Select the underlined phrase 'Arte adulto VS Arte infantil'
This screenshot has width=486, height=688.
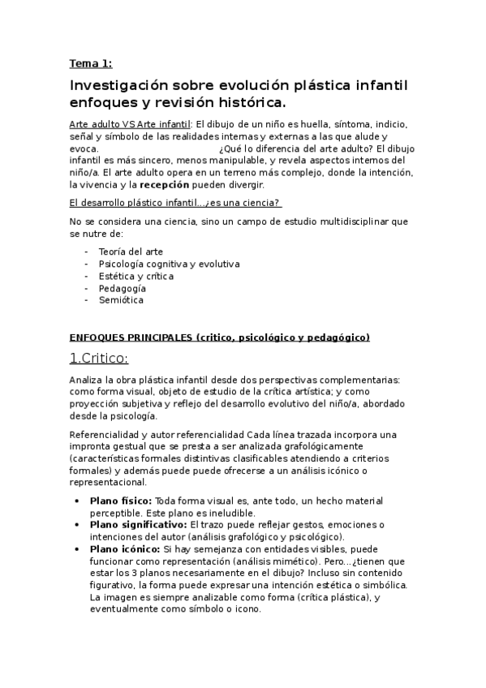coord(129,124)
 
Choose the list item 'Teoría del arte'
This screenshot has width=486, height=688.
coord(130,252)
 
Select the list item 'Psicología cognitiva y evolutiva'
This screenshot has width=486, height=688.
coord(169,264)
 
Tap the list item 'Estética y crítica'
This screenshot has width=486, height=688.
coord(135,276)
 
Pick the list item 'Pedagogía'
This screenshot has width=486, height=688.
coord(122,288)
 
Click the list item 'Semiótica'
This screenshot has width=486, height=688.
coord(121,300)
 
